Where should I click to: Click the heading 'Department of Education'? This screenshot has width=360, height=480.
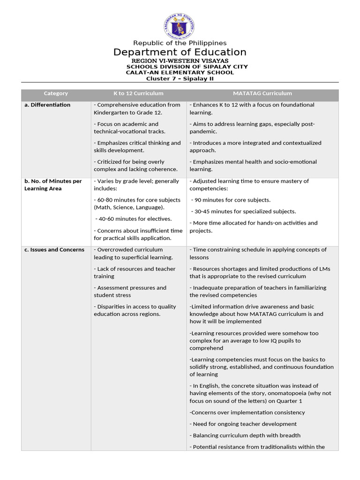pyautogui.click(x=180, y=52)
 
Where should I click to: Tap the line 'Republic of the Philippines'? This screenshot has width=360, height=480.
pyautogui.click(x=180, y=43)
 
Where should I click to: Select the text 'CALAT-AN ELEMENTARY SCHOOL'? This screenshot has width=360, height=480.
pyautogui.click(x=180, y=73)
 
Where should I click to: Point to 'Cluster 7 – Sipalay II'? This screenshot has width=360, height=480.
pyautogui.click(x=180, y=79)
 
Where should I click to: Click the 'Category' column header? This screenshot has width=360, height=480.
pyautogui.click(x=56, y=94)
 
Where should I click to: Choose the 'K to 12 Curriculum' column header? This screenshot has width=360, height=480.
pyautogui.click(x=138, y=94)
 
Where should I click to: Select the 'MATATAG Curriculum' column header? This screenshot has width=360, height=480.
pyautogui.click(x=262, y=94)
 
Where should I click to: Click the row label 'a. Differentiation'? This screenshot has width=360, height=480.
pyautogui.click(x=47, y=105)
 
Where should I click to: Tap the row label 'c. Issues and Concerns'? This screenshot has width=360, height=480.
pyautogui.click(x=54, y=250)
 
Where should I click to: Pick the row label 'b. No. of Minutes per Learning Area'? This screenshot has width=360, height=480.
pyautogui.click(x=53, y=185)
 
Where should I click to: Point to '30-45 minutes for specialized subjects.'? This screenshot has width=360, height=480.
pyautogui.click(x=245, y=211)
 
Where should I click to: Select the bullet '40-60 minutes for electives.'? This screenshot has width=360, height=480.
pyautogui.click(x=134, y=219)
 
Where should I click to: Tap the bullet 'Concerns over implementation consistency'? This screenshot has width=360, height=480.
pyautogui.click(x=247, y=412)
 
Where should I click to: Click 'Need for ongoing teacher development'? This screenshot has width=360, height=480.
pyautogui.click(x=243, y=424)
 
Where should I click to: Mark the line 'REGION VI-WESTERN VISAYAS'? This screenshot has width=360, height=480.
pyautogui.click(x=180, y=61)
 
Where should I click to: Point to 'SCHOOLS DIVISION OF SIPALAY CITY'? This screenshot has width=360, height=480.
pyautogui.click(x=187, y=67)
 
